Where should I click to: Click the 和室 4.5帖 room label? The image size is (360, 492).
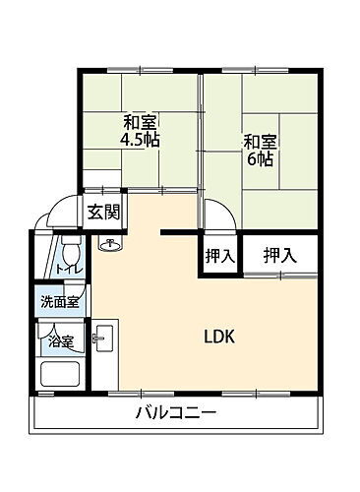point(141,131)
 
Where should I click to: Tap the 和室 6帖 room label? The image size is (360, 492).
point(260,149)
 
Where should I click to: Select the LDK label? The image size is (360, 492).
point(218,336)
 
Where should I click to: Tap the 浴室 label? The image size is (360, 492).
point(62,341)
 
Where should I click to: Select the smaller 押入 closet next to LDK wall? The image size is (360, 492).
point(219,256)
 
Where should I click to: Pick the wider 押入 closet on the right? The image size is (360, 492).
point(279,256)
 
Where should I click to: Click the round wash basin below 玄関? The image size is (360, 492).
point(108,245)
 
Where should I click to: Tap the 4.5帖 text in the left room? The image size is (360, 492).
point(141,140)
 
